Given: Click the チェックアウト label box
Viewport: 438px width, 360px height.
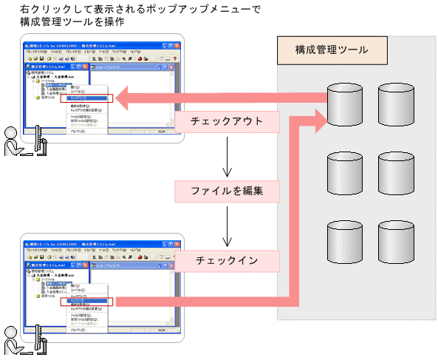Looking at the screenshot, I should (x=226, y=122).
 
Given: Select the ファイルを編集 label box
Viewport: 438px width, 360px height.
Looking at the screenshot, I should (x=226, y=191).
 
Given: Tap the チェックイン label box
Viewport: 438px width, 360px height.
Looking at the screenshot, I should (x=226, y=260).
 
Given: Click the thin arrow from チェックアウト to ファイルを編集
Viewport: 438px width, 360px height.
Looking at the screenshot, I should (x=226, y=155).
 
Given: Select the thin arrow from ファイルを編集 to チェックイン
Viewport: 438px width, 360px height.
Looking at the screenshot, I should (x=226, y=225).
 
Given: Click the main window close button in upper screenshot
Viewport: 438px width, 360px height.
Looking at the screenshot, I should (x=179, y=46).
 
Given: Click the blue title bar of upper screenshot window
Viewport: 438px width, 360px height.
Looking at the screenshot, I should (x=89, y=46).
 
